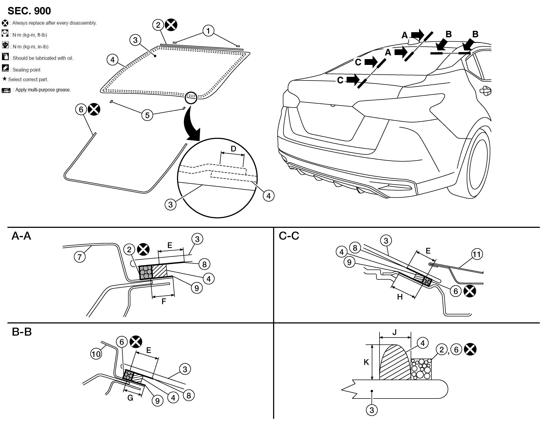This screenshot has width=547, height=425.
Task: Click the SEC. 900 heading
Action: (29, 11)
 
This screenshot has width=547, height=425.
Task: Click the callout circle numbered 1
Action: (208, 31)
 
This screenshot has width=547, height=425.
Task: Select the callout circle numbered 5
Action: (147, 115)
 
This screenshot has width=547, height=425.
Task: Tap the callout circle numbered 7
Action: (80, 257)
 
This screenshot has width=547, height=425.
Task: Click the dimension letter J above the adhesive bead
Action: (394, 332)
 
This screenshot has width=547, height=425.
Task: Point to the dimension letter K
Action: (366, 362)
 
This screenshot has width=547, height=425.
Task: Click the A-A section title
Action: (21, 236)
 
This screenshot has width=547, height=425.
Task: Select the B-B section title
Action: (22, 332)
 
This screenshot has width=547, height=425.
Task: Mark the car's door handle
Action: (486, 91)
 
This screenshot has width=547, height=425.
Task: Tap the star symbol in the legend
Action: (4, 79)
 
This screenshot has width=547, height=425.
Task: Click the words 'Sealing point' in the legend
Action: (27, 70)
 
